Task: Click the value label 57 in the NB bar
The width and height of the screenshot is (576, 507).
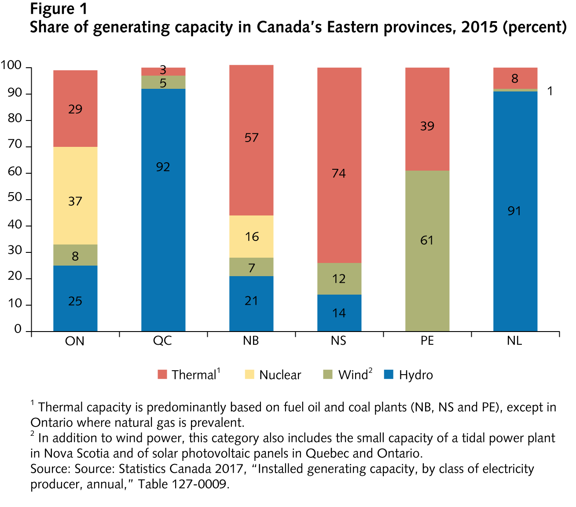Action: [251, 138]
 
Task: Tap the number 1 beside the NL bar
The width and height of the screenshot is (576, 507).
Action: [550, 91]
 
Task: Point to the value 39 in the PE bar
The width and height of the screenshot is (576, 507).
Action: [427, 126]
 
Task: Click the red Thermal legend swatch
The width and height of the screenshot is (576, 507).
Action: [162, 375]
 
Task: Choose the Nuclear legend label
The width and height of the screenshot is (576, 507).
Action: [280, 375]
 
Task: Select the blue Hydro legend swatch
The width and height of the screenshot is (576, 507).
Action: [389, 375]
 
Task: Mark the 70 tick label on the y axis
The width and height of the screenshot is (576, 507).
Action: [15, 145]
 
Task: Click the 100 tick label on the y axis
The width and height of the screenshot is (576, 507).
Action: [11, 66]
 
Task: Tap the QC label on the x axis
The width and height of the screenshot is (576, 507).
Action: [162, 341]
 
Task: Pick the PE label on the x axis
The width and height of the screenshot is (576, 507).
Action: [427, 341]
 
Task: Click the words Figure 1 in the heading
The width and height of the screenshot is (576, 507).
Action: [59, 9]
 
